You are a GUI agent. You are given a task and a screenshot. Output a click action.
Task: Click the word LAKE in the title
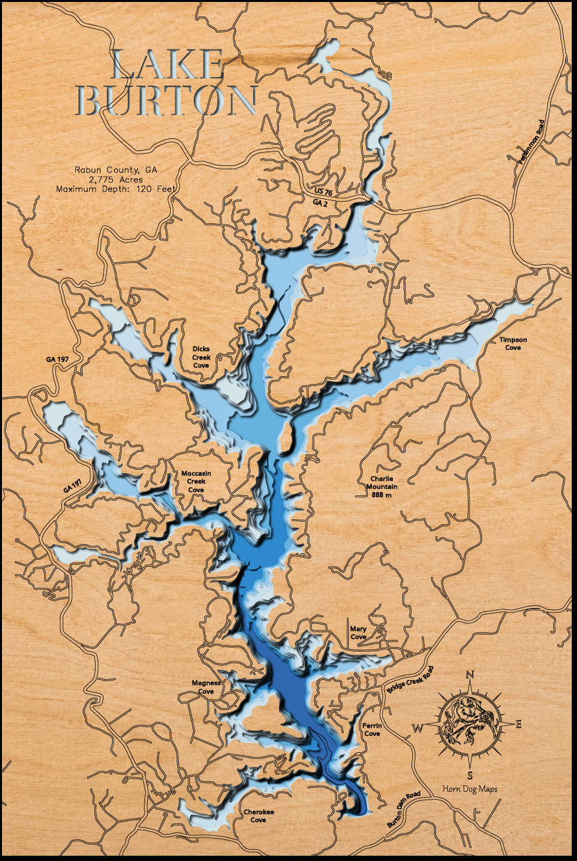(167, 65)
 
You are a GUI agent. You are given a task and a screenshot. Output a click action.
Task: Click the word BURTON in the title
(171, 101)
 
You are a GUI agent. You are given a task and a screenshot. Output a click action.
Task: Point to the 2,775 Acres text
(115, 179)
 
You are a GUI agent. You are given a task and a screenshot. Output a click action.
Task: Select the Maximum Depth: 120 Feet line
(117, 188)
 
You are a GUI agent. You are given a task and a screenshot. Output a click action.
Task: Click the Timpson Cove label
(513, 343)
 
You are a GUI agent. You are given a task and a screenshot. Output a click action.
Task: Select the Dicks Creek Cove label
(201, 356)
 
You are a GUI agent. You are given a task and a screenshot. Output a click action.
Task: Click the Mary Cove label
(358, 633)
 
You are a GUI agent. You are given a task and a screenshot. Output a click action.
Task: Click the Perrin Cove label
(372, 729)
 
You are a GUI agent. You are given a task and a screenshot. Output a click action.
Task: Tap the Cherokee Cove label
(258, 816)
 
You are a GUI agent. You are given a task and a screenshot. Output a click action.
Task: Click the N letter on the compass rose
(470, 674)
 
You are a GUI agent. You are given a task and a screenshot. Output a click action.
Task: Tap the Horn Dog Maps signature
(470, 789)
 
